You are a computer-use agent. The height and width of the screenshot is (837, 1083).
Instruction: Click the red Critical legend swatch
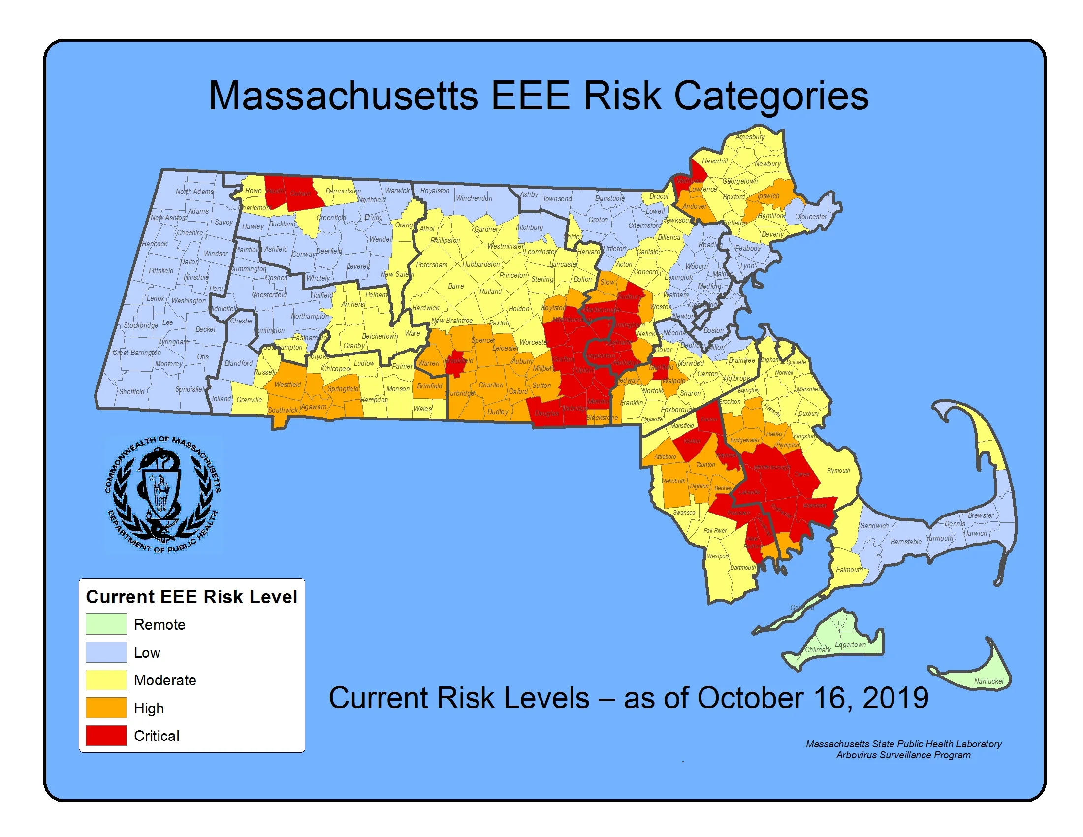pyautogui.click(x=106, y=736)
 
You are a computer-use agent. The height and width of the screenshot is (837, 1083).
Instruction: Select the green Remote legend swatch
pyautogui.click(x=106, y=624)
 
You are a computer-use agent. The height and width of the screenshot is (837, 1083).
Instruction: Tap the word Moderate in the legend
pyautogui.click(x=164, y=680)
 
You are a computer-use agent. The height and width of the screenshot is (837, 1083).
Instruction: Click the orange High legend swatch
pyautogui.click(x=106, y=708)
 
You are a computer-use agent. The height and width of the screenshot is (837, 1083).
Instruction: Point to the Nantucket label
pyautogui.click(x=988, y=681)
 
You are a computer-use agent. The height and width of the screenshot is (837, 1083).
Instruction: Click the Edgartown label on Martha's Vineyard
pyautogui.click(x=850, y=644)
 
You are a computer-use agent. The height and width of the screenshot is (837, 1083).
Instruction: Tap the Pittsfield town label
pyautogui.click(x=161, y=271)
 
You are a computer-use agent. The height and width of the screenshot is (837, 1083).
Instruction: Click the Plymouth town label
pyautogui.click(x=838, y=471)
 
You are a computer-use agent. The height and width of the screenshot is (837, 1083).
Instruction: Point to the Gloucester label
pyautogui.click(x=811, y=217)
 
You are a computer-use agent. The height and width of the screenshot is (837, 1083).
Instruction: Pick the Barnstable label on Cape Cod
pyautogui.click(x=905, y=542)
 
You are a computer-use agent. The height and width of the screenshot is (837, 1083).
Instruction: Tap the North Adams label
pyautogui.click(x=194, y=192)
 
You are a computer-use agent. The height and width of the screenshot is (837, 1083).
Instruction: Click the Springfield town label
pyautogui.click(x=343, y=389)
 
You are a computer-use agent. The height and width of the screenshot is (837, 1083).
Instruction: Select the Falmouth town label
pyautogui.click(x=849, y=570)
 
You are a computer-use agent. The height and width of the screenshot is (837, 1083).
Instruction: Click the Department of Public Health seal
pyautogui.click(x=162, y=494)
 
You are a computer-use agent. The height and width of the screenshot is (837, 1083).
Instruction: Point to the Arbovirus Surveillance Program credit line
pyautogui.click(x=903, y=755)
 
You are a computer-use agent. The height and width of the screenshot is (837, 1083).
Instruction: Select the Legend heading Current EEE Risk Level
pyautogui.click(x=191, y=597)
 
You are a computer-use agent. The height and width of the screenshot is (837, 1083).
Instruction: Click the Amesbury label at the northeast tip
pyautogui.click(x=750, y=137)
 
